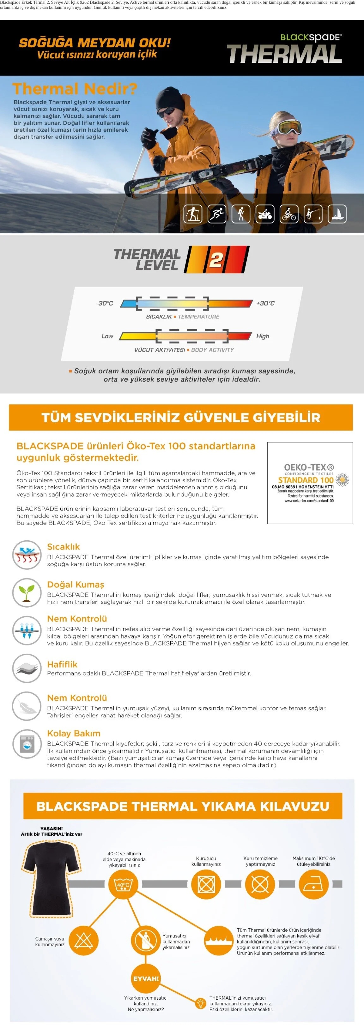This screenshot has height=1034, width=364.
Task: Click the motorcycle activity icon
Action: click(265, 214)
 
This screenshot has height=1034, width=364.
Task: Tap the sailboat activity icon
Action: click(337, 214)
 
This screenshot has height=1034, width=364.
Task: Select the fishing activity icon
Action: click(313, 214)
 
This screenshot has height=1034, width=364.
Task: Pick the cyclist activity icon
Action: click(289, 214)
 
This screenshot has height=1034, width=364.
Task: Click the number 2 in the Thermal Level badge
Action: click(216, 260)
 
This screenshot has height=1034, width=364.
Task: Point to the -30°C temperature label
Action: click(105, 303)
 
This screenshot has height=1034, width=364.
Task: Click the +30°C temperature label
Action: click(265, 303)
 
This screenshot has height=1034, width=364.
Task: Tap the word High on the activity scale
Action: click(263, 336)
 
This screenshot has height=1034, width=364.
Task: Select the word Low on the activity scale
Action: click(107, 336)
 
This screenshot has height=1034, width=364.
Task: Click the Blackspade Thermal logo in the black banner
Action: click(284, 49)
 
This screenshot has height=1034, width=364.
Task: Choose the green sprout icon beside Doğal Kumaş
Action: click(27, 592)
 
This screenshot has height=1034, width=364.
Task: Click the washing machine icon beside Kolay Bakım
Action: click(27, 744)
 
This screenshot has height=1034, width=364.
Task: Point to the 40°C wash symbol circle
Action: click(123, 884)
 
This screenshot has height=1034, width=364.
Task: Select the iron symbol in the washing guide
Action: click(313, 884)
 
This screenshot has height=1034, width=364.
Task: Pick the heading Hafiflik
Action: click(62, 664)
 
